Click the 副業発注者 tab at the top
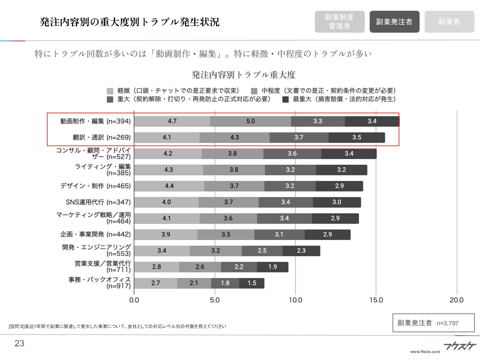pyautogui.click(x=394, y=22)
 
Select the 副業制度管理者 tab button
pyautogui.click(x=339, y=22)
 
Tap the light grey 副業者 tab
pyautogui.click(x=449, y=22)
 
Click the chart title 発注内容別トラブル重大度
pyautogui.click(x=243, y=75)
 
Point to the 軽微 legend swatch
pyautogui.click(x=110, y=91)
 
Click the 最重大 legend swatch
pyautogui.click(x=285, y=99)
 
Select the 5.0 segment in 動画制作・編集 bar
pyautogui.click(x=250, y=121)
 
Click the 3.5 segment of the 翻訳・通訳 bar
pyautogui.click(x=357, y=137)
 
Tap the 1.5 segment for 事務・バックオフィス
pyautogui.click(x=252, y=283)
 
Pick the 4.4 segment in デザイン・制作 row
pyautogui.click(x=169, y=186)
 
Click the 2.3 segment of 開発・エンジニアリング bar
pyautogui.click(x=301, y=251)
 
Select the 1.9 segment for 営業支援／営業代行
pyautogui.click(x=272, y=267)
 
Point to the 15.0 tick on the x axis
pyautogui.click(x=376, y=300)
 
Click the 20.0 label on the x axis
pyautogui.click(x=456, y=300)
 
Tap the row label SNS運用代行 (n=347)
pyautogui.click(x=98, y=202)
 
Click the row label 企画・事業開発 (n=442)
pyautogui.click(x=95, y=234)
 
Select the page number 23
pyautogui.click(x=19, y=344)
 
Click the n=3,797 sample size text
pyautogui.click(x=448, y=323)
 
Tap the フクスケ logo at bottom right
pyautogui.click(x=460, y=346)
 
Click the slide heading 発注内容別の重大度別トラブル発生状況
pyautogui.click(x=129, y=22)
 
